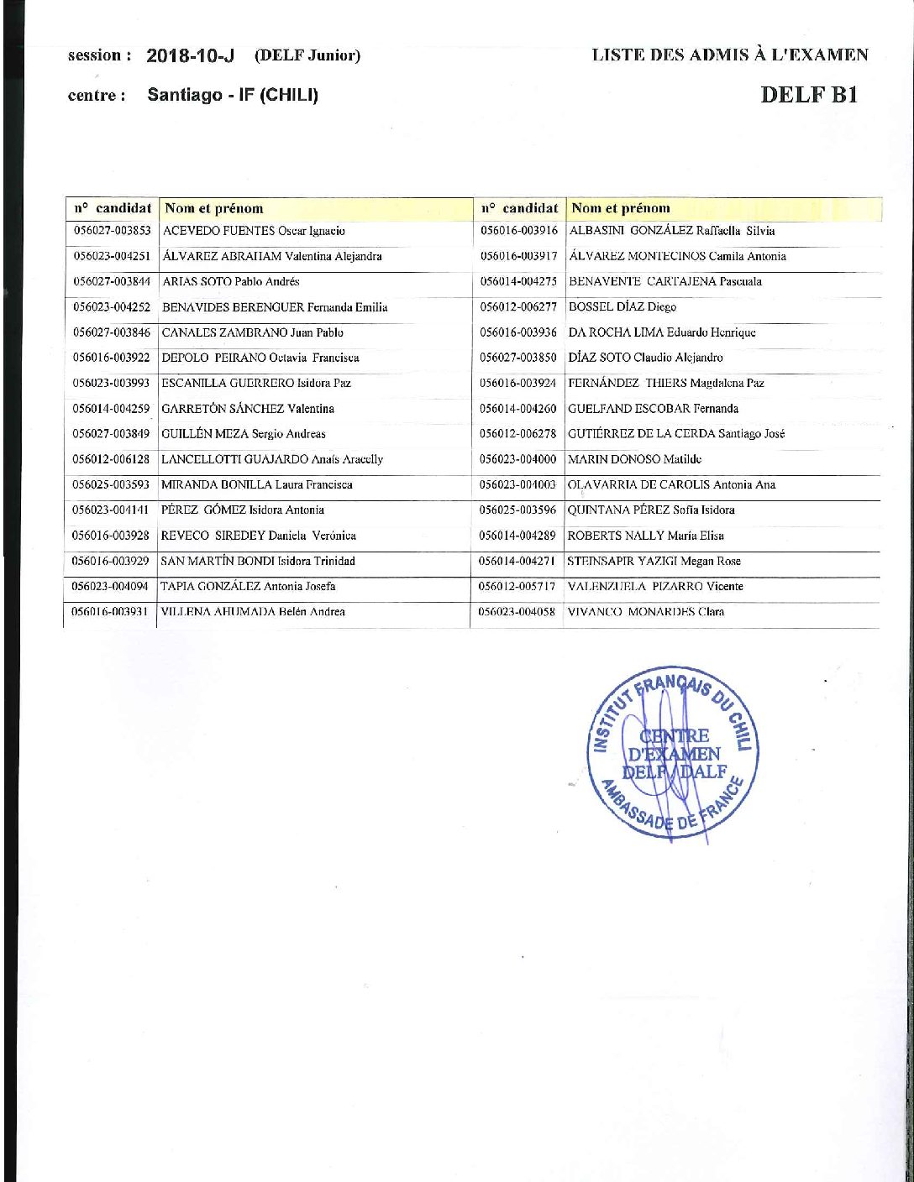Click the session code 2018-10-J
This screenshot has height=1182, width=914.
click(x=190, y=56)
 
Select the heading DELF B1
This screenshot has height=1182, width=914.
click(x=809, y=94)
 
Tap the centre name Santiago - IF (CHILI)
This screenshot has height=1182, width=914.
click(x=233, y=95)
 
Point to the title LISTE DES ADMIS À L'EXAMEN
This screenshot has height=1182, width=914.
click(x=730, y=55)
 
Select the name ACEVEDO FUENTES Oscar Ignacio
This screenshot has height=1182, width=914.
click(x=254, y=231)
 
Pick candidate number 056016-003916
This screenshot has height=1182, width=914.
click(x=519, y=230)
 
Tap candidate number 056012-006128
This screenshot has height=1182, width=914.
click(x=112, y=459)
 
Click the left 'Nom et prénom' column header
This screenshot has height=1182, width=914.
click(x=214, y=208)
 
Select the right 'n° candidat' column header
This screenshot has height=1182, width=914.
click(x=519, y=207)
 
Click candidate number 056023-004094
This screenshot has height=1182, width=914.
click(x=112, y=586)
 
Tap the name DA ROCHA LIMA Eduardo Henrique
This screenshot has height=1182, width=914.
click(x=662, y=332)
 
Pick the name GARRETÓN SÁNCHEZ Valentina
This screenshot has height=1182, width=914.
click(x=248, y=409)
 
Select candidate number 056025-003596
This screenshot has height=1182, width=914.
click(x=518, y=510)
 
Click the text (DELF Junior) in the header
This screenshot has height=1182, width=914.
click(x=307, y=56)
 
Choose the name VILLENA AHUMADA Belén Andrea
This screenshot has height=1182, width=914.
click(x=253, y=612)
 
